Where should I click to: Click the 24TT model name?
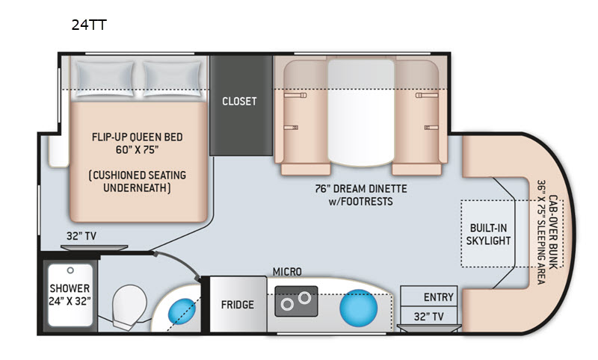point(89,25)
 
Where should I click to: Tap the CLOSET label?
point(239,102)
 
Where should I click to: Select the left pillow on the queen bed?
point(105,79)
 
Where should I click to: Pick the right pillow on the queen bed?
point(173,79)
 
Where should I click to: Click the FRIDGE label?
point(238,305)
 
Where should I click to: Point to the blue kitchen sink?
point(359,308)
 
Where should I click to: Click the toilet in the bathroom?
point(129,308)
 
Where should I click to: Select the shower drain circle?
point(70,270)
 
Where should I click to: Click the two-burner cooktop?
point(296,301)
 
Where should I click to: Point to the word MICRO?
point(287,272)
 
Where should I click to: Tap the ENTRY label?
point(439,297)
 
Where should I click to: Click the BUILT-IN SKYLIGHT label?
point(488,235)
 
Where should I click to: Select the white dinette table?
point(361,112)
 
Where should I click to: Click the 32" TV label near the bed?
point(81,236)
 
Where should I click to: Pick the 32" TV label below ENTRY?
point(428,316)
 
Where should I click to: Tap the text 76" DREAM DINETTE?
point(361,188)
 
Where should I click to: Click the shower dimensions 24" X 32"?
point(70,301)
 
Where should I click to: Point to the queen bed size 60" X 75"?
point(138,149)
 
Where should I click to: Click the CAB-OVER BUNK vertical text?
point(553,232)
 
